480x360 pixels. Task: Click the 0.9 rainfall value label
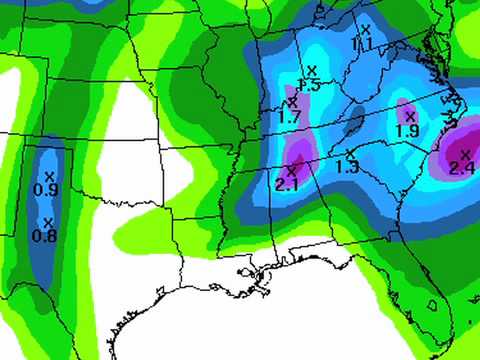point(46,189)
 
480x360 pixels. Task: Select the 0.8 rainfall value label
point(46,235)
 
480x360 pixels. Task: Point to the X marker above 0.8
point(47,223)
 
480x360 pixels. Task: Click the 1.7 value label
point(290,117)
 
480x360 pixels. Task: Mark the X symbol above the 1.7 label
point(293,102)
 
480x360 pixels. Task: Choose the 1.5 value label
point(309,86)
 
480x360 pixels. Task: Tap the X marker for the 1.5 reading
point(312,71)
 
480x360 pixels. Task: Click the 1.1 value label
point(363,44)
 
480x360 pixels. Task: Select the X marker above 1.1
point(366,30)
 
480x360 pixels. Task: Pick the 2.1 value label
point(287,185)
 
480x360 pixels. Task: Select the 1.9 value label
point(407,131)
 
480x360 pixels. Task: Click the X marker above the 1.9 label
point(410,117)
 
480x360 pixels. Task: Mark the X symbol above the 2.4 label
point(465,153)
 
